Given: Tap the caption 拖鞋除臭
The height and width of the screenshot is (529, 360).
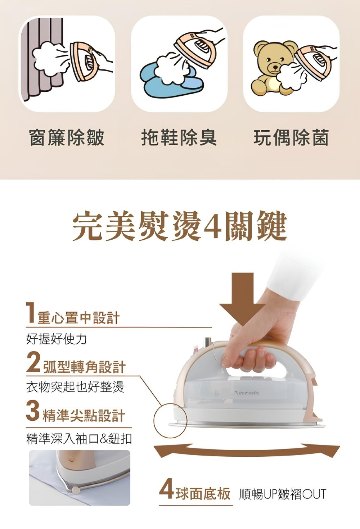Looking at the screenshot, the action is point(179,138).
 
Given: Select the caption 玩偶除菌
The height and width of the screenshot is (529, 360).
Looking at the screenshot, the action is point(291,138).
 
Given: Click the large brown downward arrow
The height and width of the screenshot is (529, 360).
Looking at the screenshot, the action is point(243,298).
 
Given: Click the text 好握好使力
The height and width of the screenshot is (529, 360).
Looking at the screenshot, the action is point(57,339).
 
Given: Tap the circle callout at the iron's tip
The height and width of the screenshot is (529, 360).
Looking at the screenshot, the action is point(170,420).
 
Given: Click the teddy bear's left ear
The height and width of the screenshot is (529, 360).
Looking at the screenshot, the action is point(261,46).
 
